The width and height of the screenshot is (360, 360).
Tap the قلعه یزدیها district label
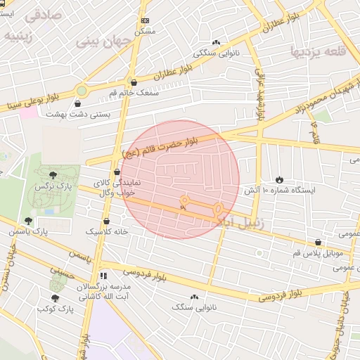(x=319, y=51)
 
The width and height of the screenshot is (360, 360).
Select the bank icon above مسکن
(x=145, y=21)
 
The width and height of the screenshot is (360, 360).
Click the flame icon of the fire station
(x=280, y=180)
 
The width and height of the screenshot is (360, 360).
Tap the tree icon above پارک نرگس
(x=54, y=174)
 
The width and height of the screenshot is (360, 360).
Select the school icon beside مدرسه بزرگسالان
(x=104, y=276)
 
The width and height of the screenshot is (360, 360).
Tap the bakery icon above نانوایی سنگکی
(x=216, y=42)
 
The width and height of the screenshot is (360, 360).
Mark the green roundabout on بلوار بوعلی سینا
(x=82, y=90)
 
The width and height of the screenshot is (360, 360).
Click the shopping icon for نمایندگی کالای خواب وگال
(x=117, y=172)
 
